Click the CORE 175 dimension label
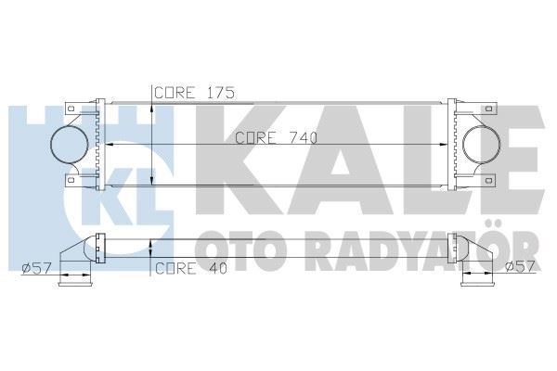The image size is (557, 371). coord(193,93)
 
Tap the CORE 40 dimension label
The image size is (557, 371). coord(188,269)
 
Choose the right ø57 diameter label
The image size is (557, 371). coord(523,269)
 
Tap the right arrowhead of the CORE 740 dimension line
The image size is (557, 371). coord(451,147)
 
